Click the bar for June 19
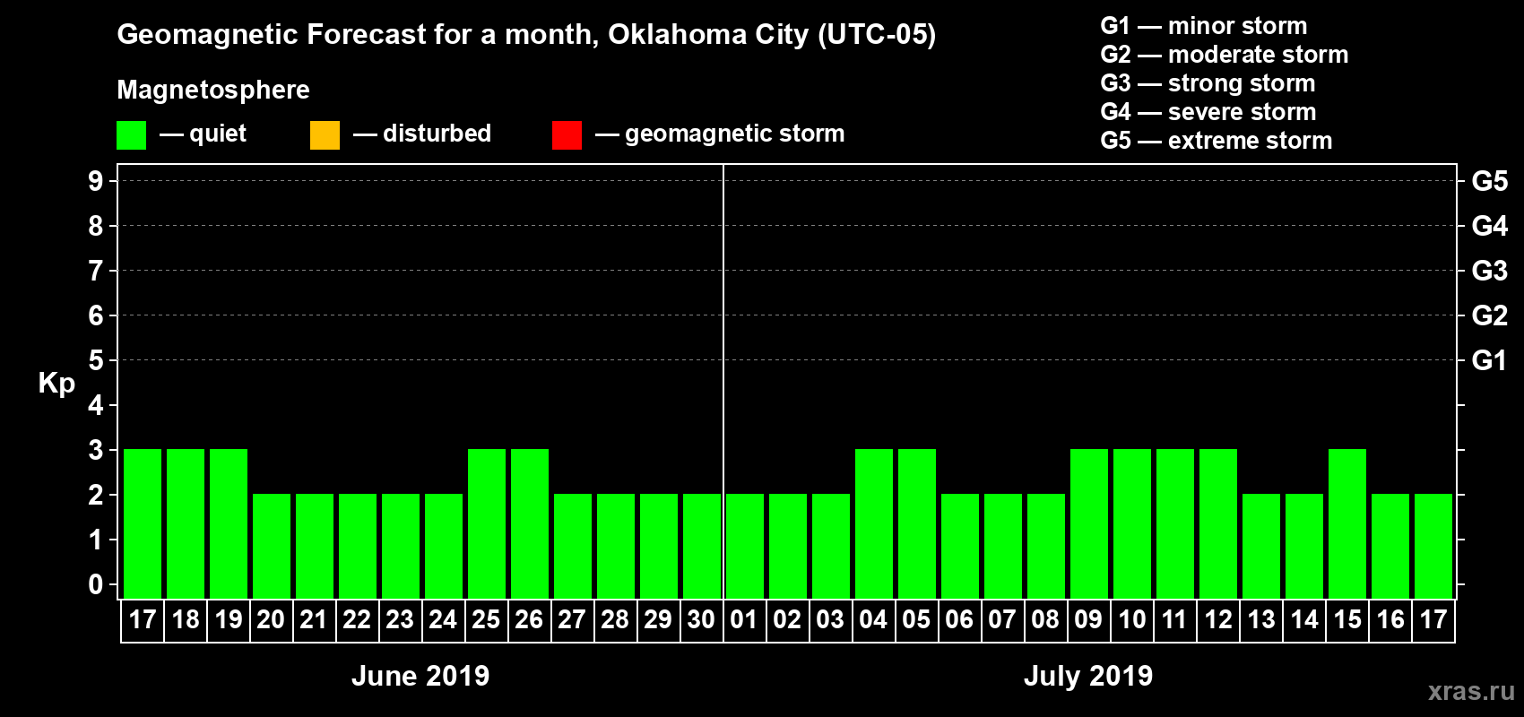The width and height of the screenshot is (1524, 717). [229, 523]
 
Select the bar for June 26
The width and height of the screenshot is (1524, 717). [530, 523]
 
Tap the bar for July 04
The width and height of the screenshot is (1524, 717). [874, 523]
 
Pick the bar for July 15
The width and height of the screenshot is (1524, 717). [1347, 523]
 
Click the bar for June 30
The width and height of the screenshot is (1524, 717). [702, 546]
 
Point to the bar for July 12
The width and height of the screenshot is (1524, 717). [1218, 523]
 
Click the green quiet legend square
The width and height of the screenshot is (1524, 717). [132, 135]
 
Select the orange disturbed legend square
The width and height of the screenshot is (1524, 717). [325, 135]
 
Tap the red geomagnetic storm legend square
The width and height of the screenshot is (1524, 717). [567, 135]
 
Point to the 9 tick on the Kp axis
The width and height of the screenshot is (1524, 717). [96, 181]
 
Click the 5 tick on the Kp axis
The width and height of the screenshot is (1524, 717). [96, 360]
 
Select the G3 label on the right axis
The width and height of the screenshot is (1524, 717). [1489, 271]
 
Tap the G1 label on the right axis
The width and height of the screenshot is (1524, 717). [1489, 360]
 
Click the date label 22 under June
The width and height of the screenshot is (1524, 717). [357, 619]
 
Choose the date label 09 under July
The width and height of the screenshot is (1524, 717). [1088, 619]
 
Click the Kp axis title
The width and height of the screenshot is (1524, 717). [56, 383]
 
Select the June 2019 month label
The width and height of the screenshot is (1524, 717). [420, 676]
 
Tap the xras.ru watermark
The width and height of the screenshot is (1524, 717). [1471, 691]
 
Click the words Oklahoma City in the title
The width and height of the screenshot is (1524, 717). [708, 34]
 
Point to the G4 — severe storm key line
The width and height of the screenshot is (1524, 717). [1208, 112]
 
